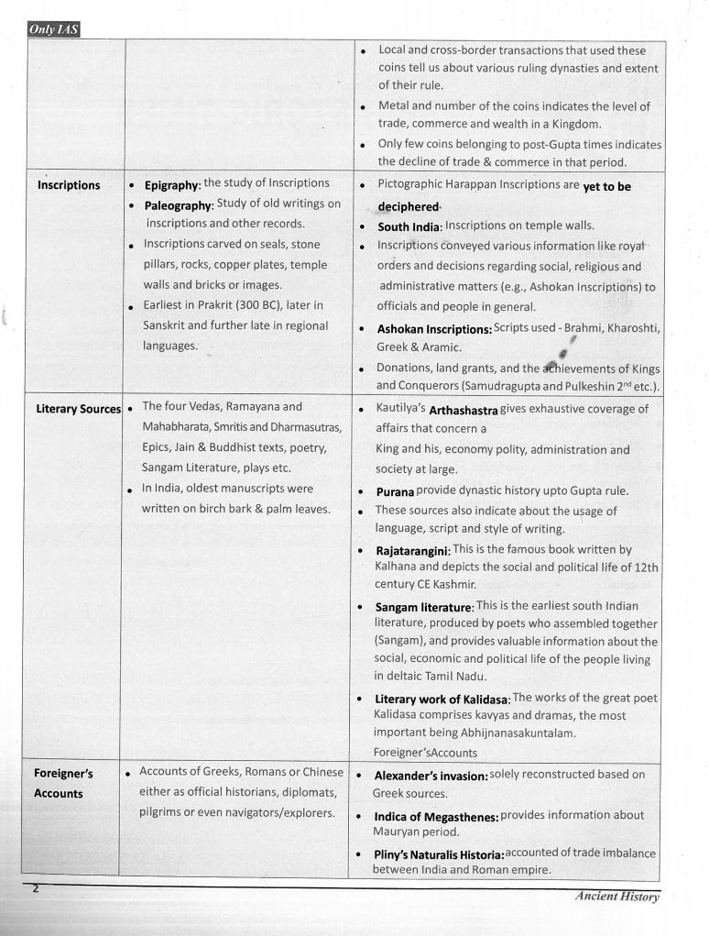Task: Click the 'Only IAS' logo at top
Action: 54,29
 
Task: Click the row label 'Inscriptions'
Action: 69,186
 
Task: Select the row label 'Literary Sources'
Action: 78,409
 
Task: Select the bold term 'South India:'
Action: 409,226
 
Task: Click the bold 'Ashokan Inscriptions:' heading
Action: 434,329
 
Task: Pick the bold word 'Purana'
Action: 395,491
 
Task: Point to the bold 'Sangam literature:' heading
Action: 424,607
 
